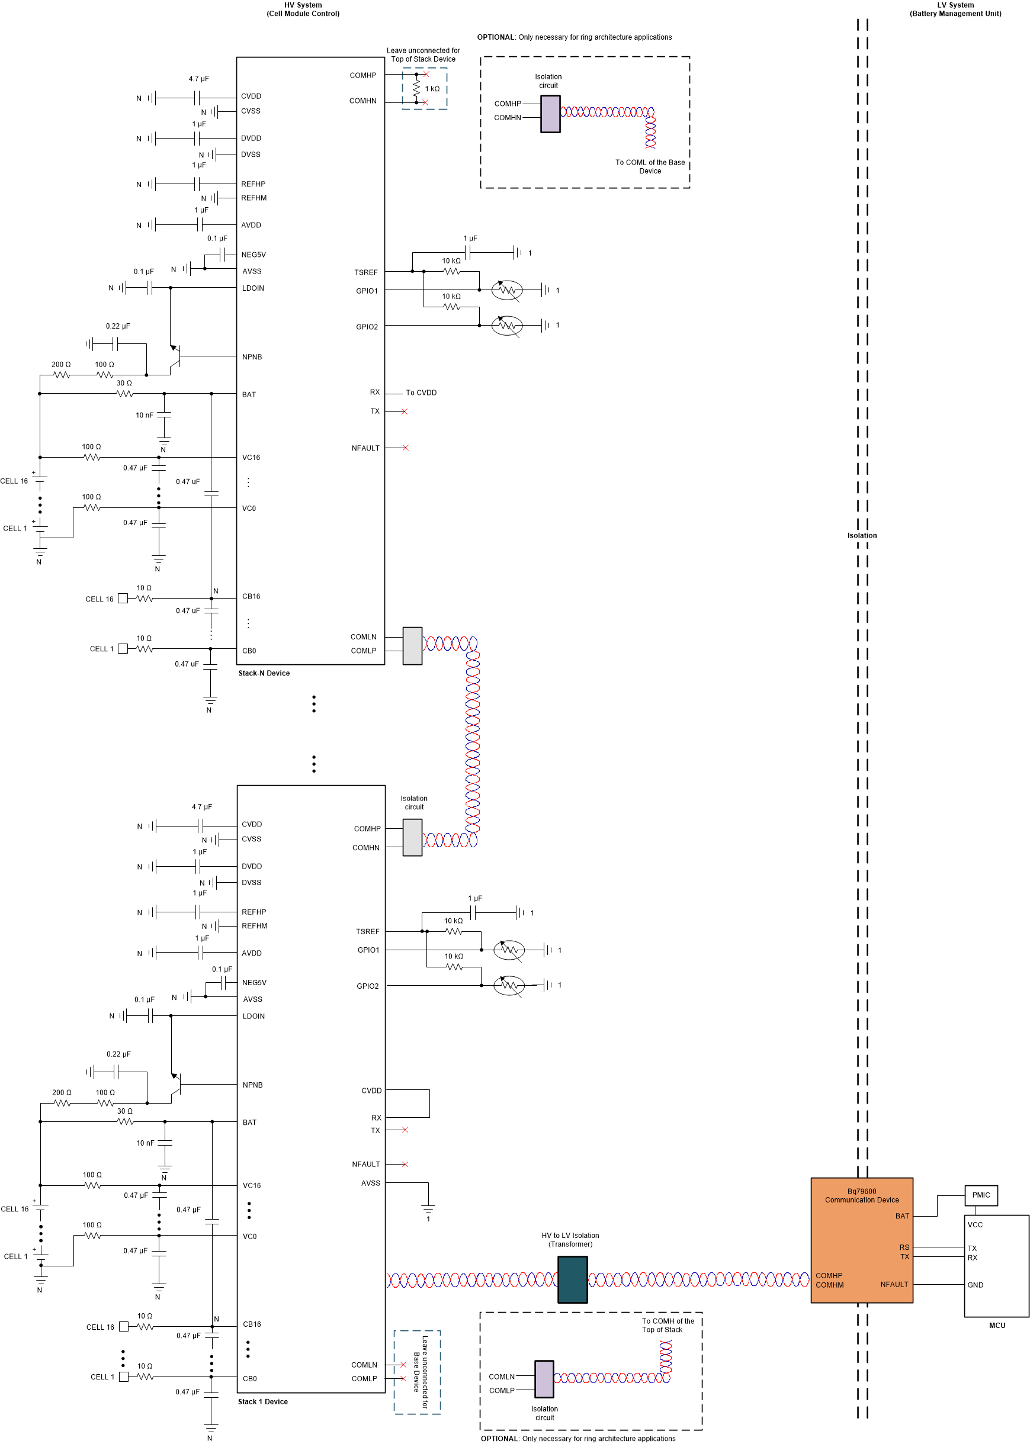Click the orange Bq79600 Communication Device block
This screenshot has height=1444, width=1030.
(x=861, y=1239)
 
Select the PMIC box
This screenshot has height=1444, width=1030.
(x=980, y=1195)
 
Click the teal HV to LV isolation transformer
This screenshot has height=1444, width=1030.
(x=572, y=1279)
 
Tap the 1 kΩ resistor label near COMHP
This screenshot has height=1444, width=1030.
(x=432, y=89)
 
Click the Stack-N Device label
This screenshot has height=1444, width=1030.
(x=264, y=673)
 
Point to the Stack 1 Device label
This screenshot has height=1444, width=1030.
(x=262, y=1401)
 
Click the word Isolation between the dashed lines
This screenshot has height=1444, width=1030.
(x=862, y=536)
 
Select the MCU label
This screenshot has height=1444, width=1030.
(x=996, y=1326)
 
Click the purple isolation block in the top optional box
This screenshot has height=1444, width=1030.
(x=550, y=114)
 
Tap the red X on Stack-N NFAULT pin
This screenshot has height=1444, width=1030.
(x=405, y=448)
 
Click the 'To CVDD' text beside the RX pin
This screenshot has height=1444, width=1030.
(x=421, y=393)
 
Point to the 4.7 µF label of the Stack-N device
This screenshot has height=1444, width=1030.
(x=198, y=79)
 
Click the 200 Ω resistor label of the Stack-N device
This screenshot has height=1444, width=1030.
(x=61, y=365)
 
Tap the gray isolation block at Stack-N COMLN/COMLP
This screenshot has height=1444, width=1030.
(x=412, y=646)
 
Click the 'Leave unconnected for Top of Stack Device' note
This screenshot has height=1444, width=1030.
(x=423, y=54)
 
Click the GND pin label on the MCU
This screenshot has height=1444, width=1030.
(x=975, y=1285)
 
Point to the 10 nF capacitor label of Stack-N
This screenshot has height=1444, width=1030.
(x=144, y=415)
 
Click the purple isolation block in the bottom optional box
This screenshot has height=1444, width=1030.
(x=544, y=1379)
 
